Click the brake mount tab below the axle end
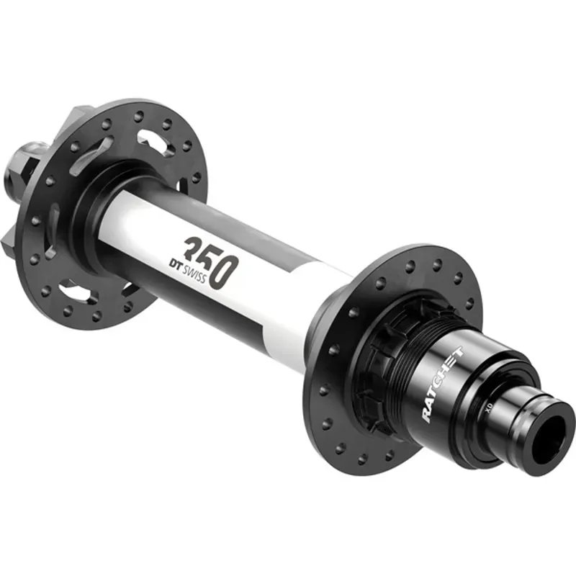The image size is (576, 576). point(13,237)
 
